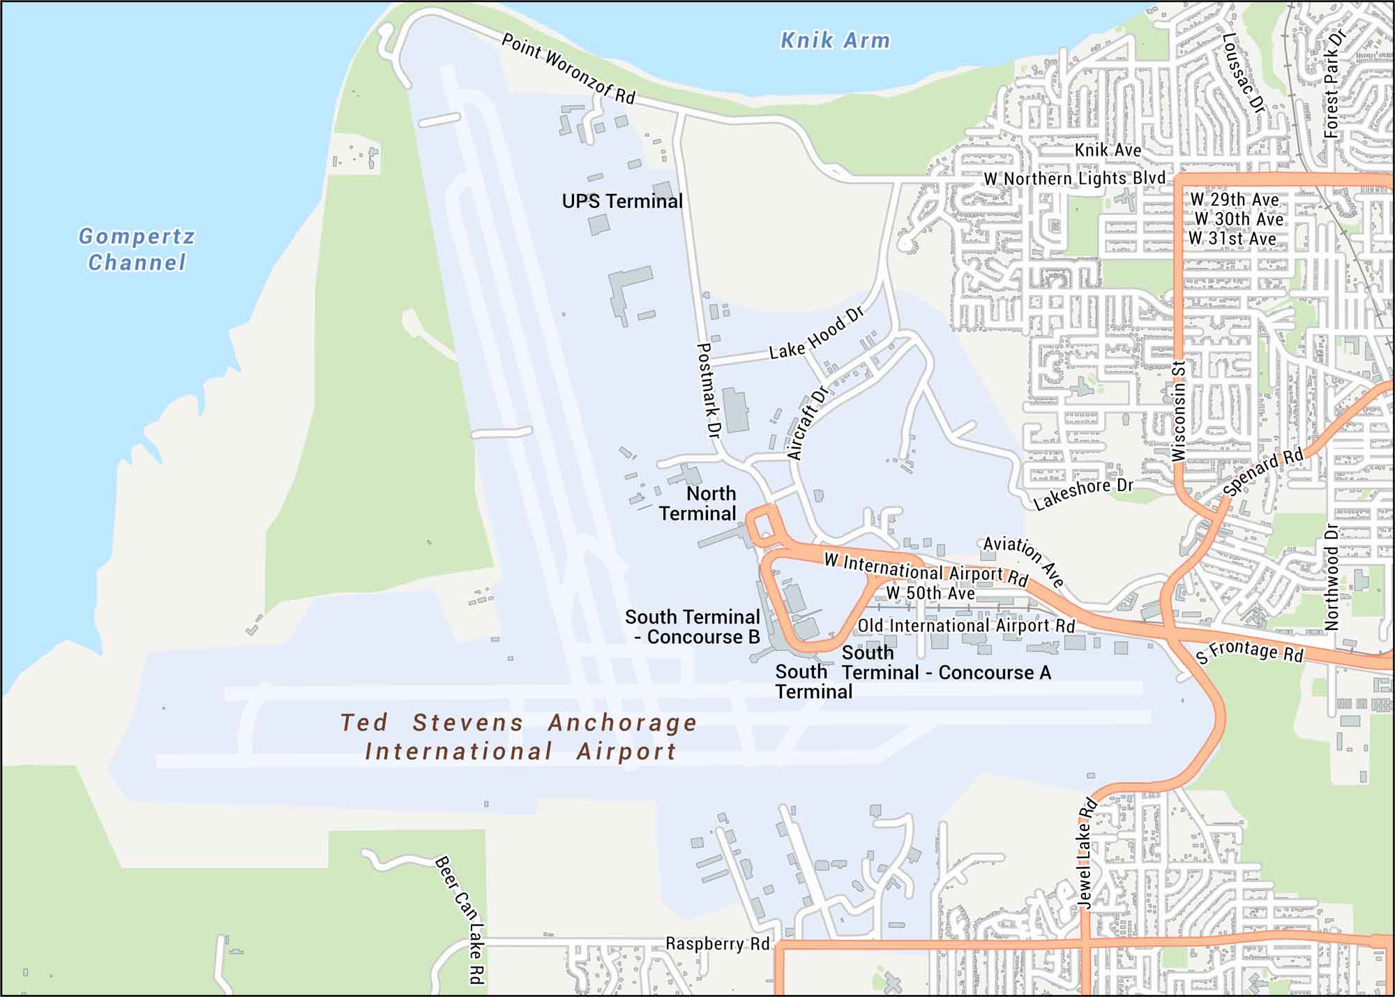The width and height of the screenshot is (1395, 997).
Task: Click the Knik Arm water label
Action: (835, 40)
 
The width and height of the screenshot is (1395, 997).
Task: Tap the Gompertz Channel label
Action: (137, 249)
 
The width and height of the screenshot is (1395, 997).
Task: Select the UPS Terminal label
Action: (622, 202)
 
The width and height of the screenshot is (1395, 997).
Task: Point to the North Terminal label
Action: (699, 503)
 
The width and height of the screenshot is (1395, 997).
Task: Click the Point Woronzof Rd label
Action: (568, 68)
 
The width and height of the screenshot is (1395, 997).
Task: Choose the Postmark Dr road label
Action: (707, 390)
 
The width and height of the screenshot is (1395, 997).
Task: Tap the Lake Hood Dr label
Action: (817, 333)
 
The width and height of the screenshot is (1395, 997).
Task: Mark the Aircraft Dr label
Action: (807, 423)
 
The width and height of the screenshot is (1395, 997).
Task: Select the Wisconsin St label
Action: (1179, 411)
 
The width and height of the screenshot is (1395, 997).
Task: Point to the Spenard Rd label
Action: (1262, 472)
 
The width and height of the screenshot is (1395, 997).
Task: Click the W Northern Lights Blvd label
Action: (1074, 179)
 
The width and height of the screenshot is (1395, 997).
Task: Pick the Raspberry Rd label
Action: (717, 944)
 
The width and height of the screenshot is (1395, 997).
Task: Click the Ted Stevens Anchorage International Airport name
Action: (519, 737)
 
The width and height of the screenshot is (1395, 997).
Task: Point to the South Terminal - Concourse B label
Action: (693, 627)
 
